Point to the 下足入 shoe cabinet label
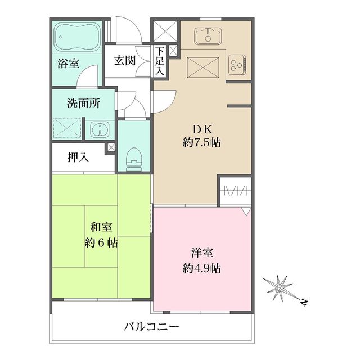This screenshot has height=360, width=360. [x=160, y=61]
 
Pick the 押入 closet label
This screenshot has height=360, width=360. [x=78, y=158]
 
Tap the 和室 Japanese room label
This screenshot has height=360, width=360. [x=101, y=228]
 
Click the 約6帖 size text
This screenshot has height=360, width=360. [x=101, y=243]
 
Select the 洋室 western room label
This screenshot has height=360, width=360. [x=201, y=253]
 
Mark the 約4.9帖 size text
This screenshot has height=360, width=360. [x=201, y=268]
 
